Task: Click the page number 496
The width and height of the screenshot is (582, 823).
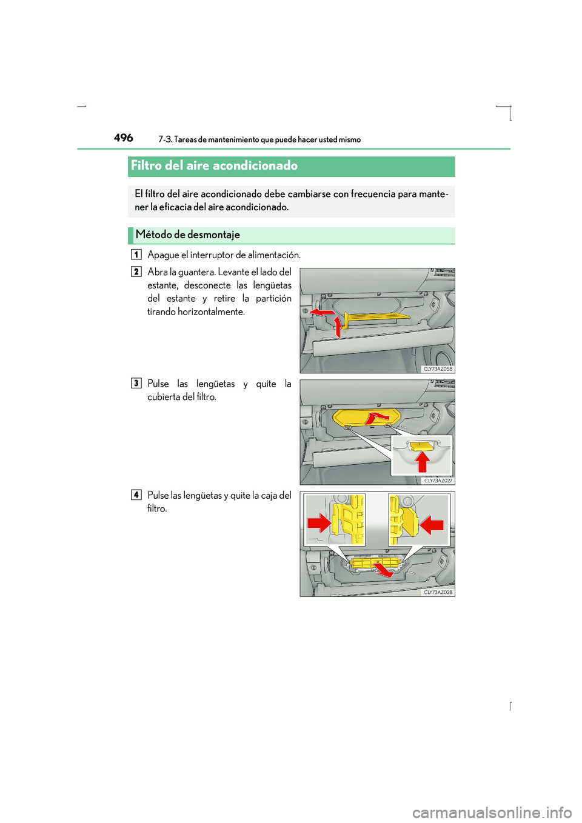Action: tap(124, 138)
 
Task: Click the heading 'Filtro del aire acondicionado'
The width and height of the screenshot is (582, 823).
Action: tap(214, 165)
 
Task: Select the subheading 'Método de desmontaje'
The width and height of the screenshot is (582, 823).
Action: tap(188, 235)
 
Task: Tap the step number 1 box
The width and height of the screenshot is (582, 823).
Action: tap(136, 255)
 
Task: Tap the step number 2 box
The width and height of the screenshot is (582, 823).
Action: tap(136, 272)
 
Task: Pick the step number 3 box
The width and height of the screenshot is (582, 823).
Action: tap(136, 383)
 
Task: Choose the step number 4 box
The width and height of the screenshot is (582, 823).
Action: tap(136, 495)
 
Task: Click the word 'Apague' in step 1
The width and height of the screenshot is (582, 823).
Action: tap(163, 255)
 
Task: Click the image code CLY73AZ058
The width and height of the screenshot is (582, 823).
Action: tap(438, 369)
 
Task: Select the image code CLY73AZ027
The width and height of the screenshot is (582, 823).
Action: tap(438, 481)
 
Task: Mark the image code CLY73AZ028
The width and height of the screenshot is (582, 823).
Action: tap(438, 592)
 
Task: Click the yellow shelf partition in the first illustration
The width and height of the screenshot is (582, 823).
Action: tap(376, 317)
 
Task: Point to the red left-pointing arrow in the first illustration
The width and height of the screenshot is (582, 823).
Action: tap(321, 312)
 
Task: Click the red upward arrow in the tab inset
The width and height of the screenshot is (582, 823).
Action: tap(423, 462)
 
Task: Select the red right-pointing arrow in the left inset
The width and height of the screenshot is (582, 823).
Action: tap(318, 523)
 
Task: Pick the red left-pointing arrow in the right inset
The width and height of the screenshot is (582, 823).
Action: tap(432, 524)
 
